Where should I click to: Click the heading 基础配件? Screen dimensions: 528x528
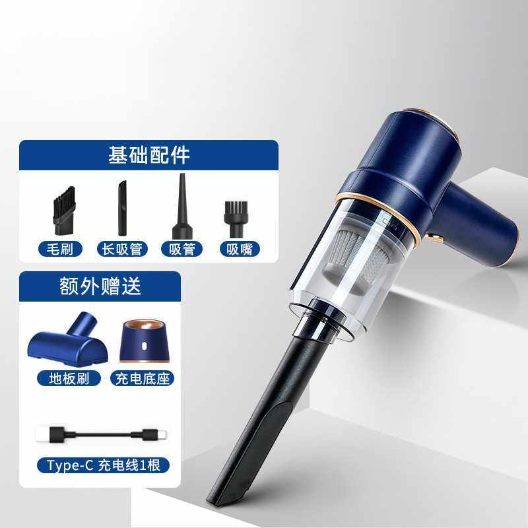[x=148, y=155]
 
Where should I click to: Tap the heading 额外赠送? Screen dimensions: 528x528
[x=101, y=286]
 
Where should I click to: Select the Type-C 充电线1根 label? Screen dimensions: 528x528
[x=103, y=465]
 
